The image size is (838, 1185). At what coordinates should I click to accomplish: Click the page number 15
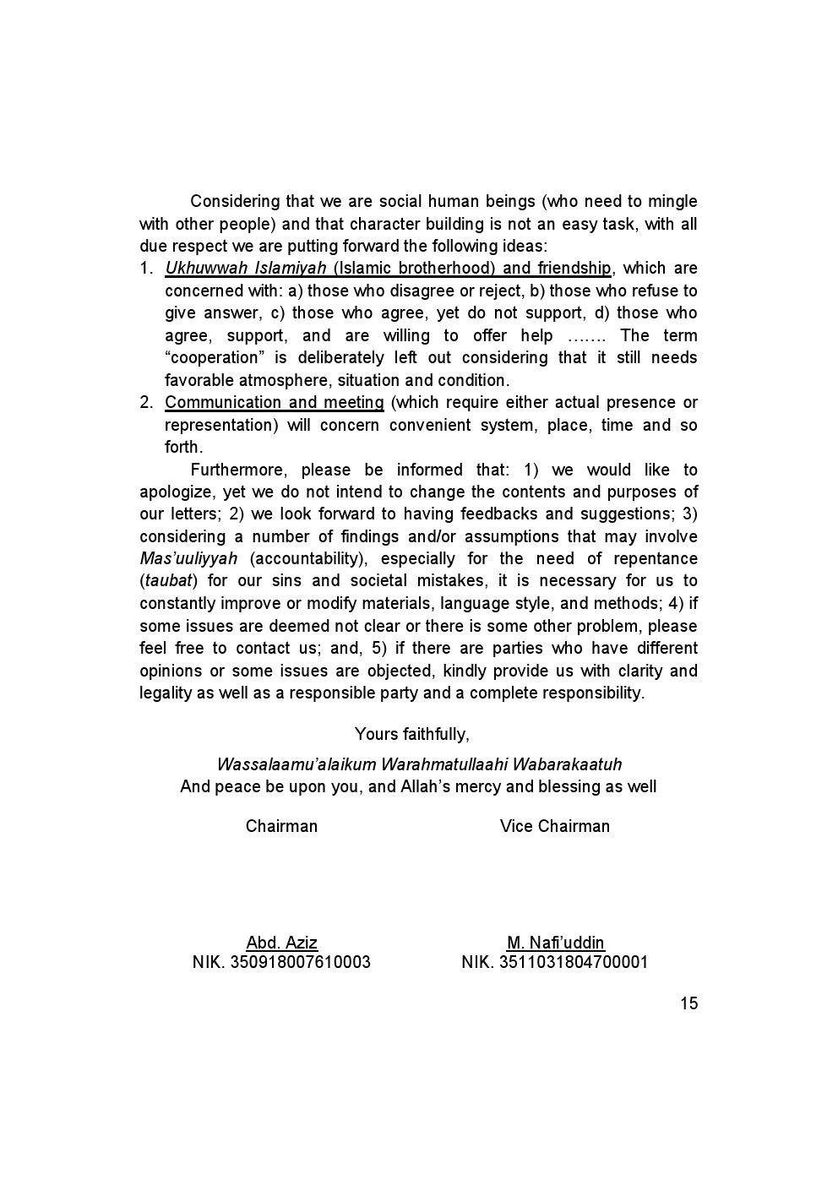click(x=688, y=1003)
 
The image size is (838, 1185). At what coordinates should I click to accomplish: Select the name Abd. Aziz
click(x=281, y=943)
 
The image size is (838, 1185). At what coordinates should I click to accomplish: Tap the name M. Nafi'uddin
click(x=555, y=943)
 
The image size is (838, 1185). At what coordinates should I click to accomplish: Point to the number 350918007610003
click(x=301, y=962)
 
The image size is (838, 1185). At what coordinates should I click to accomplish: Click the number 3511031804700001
click(x=574, y=962)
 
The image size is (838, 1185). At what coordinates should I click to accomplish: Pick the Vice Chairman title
click(x=554, y=826)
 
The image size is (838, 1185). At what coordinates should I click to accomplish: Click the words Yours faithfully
click(x=411, y=734)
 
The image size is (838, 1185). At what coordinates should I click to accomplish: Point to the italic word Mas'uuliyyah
click(x=188, y=558)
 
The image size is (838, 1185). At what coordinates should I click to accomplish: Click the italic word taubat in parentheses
click(x=168, y=581)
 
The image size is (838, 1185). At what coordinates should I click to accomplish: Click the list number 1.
click(x=145, y=269)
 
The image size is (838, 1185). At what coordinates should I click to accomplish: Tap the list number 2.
click(x=145, y=403)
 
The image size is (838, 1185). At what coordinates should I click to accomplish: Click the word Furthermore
click(x=241, y=470)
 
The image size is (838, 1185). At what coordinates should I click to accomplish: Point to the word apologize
click(x=177, y=492)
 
